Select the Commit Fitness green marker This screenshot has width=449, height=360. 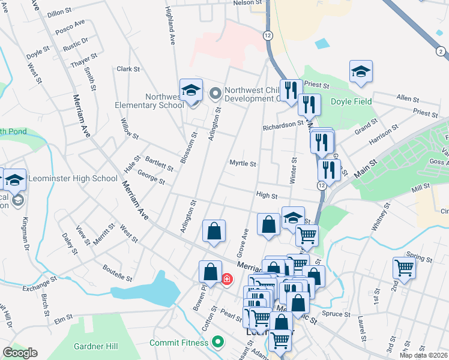218,343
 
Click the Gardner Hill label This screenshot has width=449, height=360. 96,346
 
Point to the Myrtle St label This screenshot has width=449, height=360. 243,163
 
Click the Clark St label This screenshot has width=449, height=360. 128,69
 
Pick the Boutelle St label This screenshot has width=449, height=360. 117,273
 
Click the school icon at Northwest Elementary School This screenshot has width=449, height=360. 191,91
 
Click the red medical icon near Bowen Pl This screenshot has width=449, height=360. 227,278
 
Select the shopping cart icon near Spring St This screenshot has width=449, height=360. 404,268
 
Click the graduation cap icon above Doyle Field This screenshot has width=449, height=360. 361,71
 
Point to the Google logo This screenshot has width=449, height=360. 20,353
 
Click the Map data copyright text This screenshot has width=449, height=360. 424,355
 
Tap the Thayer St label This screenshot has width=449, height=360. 84,61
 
